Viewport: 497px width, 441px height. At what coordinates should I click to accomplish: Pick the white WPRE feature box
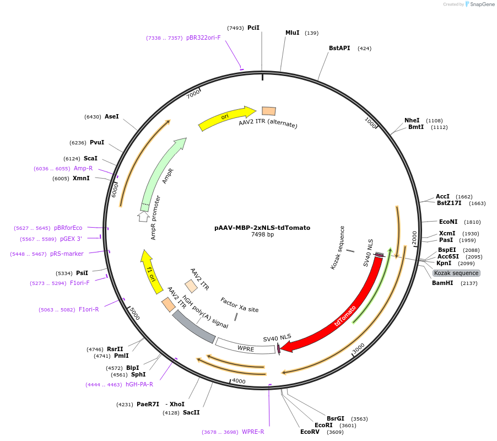click(246, 347)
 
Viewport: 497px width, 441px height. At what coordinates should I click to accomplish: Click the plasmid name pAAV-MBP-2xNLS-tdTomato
click(262, 228)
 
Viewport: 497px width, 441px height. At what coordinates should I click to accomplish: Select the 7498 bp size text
click(262, 235)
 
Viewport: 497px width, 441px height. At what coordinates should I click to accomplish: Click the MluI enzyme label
click(293, 33)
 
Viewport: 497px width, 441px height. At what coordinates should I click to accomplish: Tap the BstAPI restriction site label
click(339, 49)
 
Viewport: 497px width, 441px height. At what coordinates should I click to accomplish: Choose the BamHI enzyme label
click(442, 283)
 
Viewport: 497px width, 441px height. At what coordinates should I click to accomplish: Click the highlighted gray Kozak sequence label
click(456, 273)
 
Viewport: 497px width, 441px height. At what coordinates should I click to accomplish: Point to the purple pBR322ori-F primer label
click(203, 38)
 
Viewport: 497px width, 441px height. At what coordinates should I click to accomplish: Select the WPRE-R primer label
click(253, 432)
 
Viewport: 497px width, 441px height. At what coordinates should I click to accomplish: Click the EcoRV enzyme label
click(310, 432)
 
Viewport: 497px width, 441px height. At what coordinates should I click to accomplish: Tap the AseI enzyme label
click(112, 117)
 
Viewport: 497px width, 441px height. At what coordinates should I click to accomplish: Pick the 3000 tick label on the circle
click(359, 349)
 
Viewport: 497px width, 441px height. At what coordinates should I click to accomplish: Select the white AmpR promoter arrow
click(144, 216)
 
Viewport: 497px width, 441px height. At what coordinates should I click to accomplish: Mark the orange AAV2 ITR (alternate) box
click(269, 111)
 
